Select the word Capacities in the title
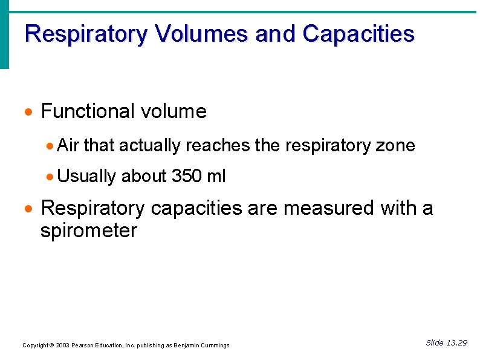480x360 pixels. click(358, 34)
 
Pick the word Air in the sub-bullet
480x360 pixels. click(68, 145)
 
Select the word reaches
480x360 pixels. click(215, 145)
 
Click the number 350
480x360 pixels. click(187, 176)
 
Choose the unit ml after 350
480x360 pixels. click(216, 176)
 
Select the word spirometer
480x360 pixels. click(89, 231)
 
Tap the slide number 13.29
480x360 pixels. click(456, 343)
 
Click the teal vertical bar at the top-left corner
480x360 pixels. click(4, 35)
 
